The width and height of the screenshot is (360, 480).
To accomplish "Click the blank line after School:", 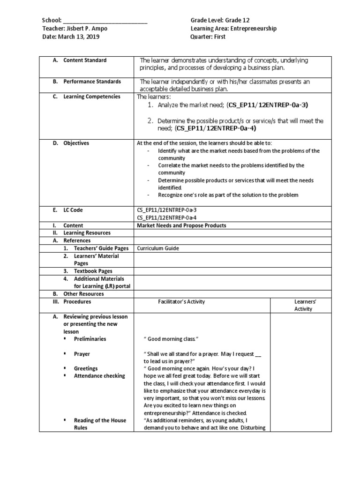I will (105, 21).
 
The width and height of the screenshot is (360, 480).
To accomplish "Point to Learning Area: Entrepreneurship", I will (233, 29).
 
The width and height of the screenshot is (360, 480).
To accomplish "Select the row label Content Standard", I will (85, 60).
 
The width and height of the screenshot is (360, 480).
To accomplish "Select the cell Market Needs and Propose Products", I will (181, 225).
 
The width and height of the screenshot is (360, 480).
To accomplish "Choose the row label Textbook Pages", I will (93, 271).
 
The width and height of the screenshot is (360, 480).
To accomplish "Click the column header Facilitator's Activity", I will (181, 302).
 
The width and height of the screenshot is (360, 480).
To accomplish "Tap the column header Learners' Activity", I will (303, 305).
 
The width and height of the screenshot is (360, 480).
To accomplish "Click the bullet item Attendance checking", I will (99, 375).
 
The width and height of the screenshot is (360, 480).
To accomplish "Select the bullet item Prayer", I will (82, 354).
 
